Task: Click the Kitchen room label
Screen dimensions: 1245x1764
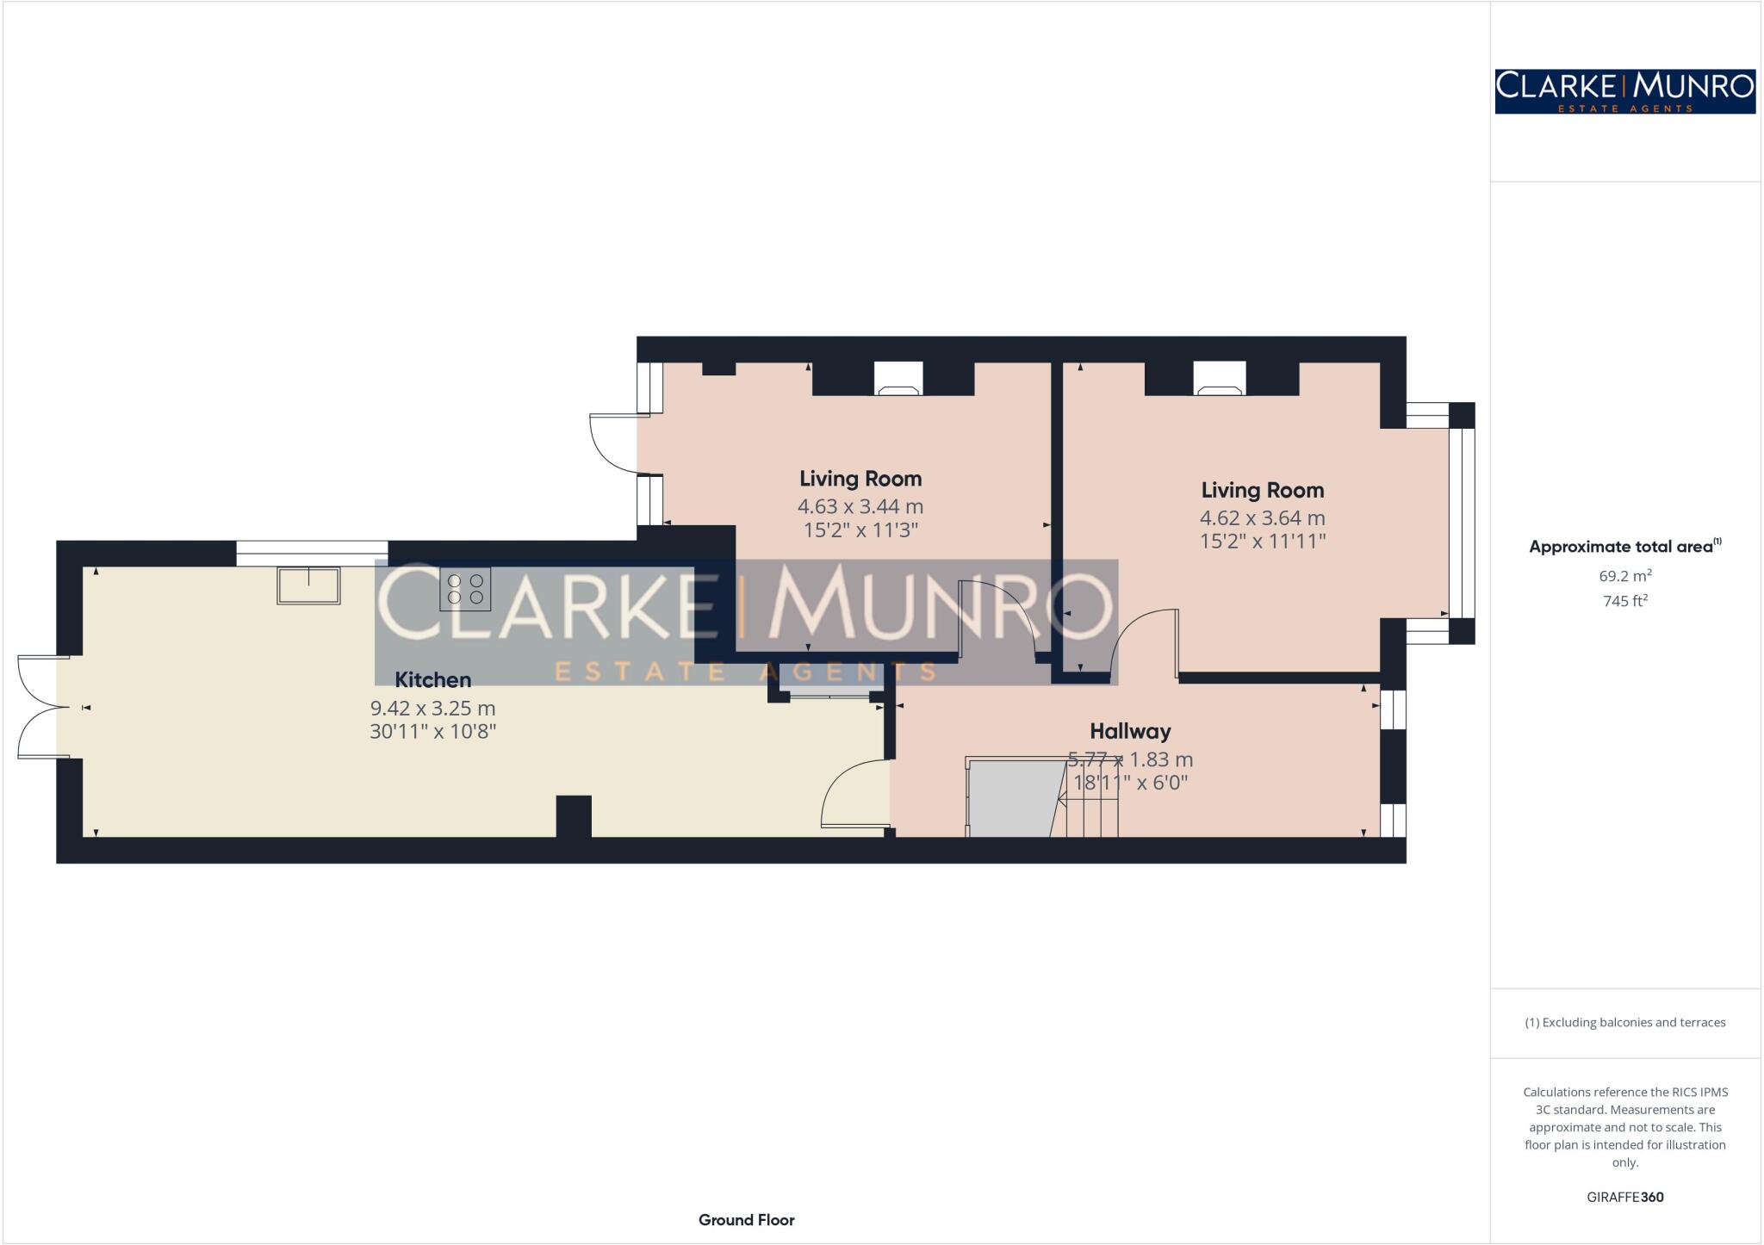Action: tap(432, 680)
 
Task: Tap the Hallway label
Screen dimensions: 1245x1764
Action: tap(1130, 732)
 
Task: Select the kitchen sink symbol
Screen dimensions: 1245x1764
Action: tap(308, 585)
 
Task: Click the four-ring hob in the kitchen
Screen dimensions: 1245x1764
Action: tap(465, 589)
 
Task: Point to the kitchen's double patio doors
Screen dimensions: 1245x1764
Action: tap(41, 708)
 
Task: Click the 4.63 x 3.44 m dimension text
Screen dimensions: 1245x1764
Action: tap(860, 507)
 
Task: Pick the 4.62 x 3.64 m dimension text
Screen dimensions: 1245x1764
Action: tap(1262, 518)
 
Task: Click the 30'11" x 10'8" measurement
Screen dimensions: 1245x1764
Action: tap(432, 732)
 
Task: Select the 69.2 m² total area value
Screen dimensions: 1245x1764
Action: tap(1624, 575)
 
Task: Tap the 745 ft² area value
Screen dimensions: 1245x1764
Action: tap(1624, 601)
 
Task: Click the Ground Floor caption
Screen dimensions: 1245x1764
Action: tap(746, 1220)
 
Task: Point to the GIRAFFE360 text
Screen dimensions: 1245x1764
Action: tap(1624, 1197)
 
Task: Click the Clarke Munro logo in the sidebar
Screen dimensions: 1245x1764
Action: tap(1624, 91)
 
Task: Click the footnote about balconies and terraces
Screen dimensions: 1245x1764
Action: tap(1624, 1023)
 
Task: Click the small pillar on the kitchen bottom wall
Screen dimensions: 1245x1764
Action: tap(574, 816)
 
